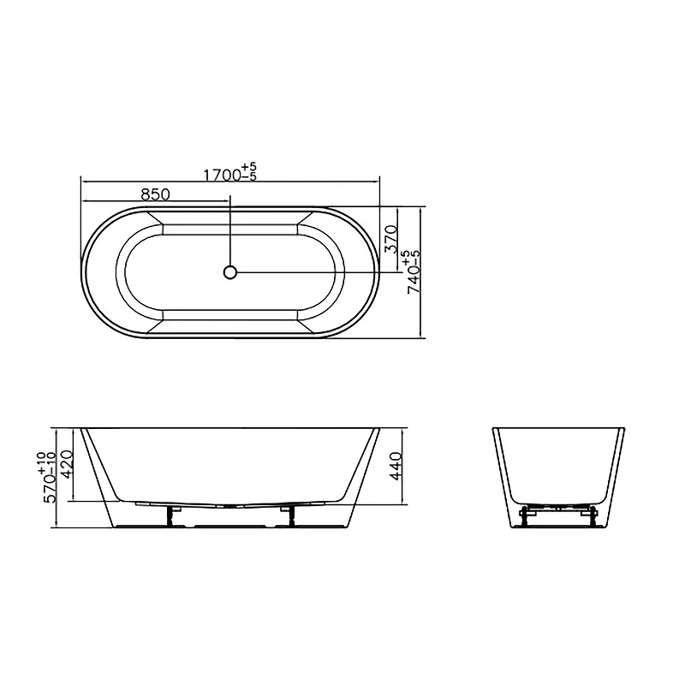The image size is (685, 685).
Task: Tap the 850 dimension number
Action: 155,194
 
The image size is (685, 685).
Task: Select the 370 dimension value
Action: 391,239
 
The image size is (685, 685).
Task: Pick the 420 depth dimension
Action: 67,464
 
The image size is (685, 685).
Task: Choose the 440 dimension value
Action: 396,466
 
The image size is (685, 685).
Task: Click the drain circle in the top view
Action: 229,272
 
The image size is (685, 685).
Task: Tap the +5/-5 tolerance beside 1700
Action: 249,172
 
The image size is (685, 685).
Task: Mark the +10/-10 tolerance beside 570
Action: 46,463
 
